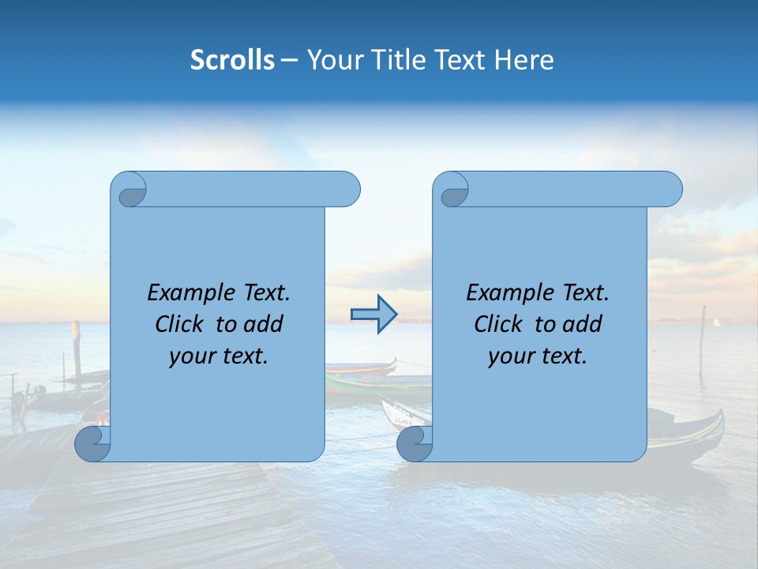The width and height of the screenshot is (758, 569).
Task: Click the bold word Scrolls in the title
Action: click(232, 60)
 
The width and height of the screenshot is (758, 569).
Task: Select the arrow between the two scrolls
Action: click(373, 315)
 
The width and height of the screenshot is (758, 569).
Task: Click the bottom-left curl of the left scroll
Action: click(93, 443)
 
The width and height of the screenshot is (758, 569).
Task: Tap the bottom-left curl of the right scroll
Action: click(415, 443)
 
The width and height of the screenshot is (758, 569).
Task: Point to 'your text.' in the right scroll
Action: click(538, 356)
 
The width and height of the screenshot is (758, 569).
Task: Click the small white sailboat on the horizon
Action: click(717, 322)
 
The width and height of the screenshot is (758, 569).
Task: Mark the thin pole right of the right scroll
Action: click(702, 341)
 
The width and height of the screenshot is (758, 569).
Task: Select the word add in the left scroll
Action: click(265, 324)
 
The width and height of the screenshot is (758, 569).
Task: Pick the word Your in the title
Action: click(332, 60)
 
